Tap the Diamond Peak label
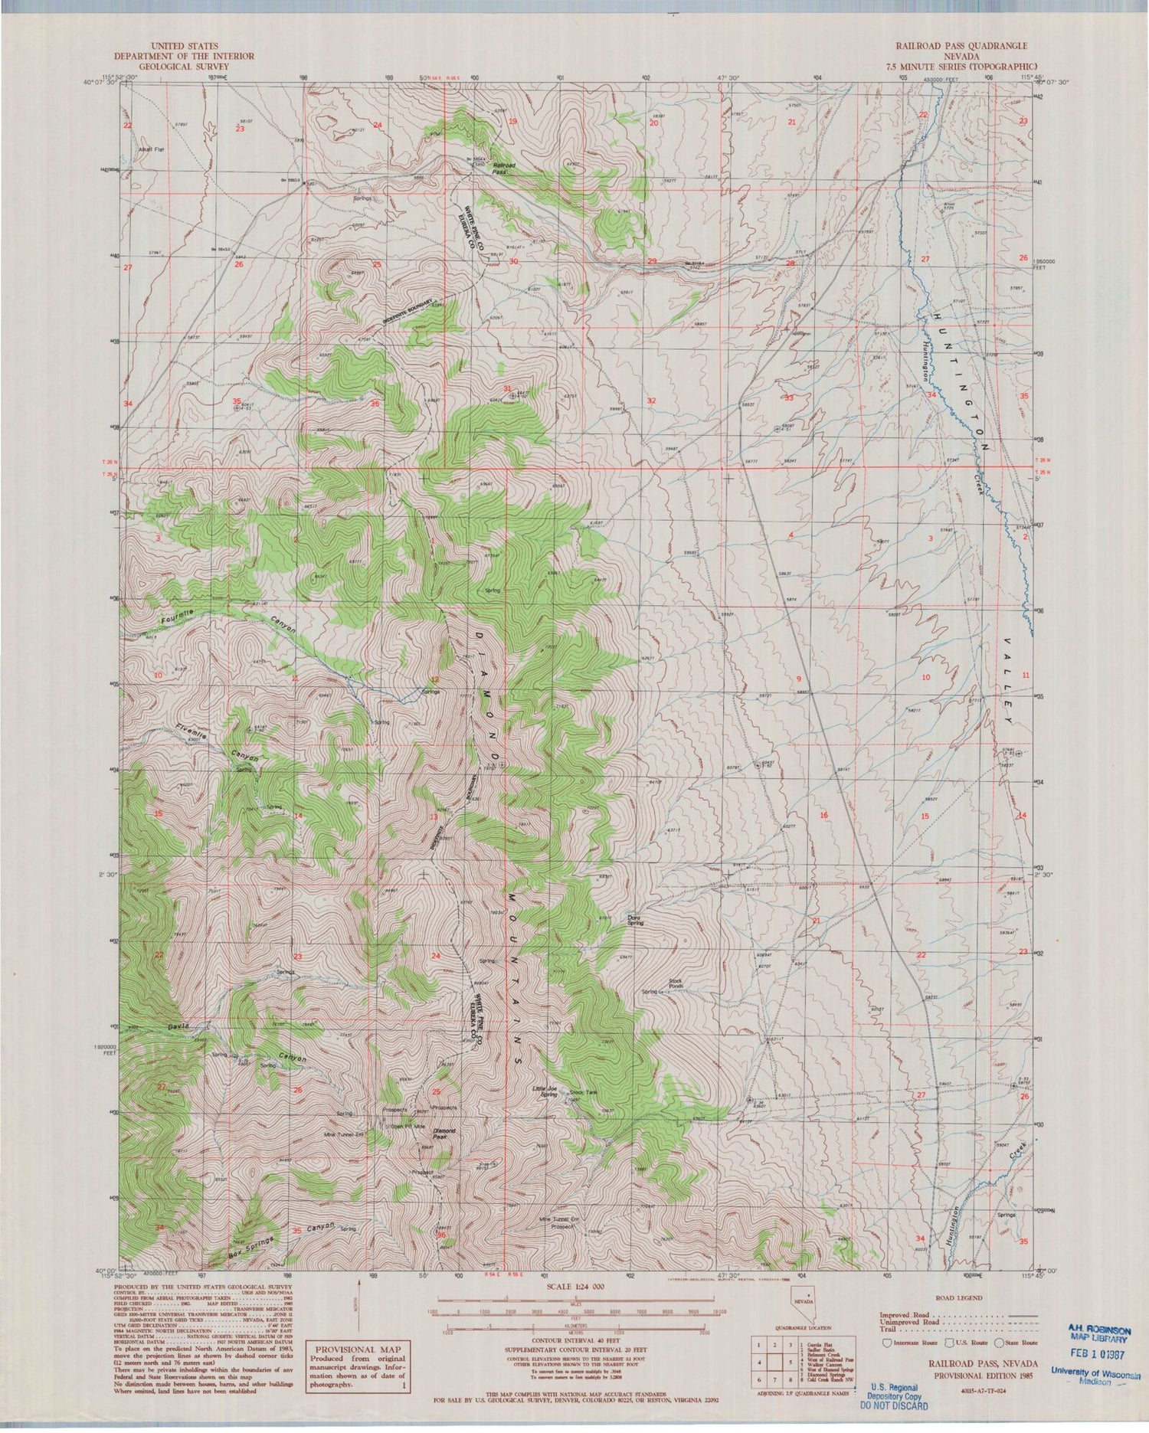[444, 1134]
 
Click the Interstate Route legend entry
[910, 1342]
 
